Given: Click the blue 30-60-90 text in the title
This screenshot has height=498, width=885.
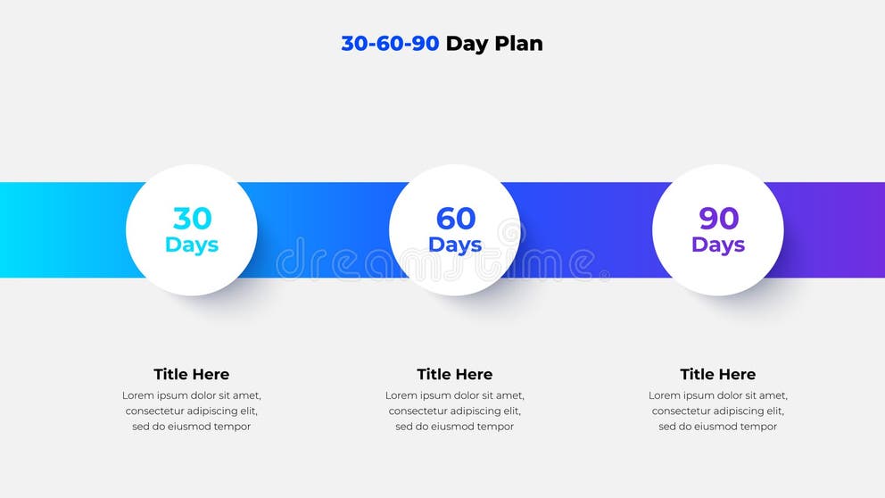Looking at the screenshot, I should click(390, 43).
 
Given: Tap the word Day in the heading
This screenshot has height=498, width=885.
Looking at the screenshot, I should click(466, 44).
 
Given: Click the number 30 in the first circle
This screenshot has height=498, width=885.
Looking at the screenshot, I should click(192, 218).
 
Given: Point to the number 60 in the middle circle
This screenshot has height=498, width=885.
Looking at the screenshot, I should click(455, 218).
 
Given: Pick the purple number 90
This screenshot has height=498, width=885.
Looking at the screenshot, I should click(718, 218).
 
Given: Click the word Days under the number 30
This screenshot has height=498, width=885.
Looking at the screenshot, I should click(192, 245).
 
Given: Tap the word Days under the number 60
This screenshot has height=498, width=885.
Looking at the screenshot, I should click(455, 245).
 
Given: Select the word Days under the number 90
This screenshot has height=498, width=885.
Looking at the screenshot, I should click(718, 245).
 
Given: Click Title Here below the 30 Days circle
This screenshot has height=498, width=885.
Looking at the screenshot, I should click(192, 374).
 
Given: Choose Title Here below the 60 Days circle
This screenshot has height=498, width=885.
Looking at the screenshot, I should click(455, 374).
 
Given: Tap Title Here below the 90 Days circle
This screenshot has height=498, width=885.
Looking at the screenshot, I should click(718, 374).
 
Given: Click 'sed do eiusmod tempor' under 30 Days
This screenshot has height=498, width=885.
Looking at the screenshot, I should click(192, 427).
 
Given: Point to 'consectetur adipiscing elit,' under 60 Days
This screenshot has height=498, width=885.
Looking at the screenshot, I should click(455, 411).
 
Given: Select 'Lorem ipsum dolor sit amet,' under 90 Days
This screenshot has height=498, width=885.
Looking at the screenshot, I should click(718, 395).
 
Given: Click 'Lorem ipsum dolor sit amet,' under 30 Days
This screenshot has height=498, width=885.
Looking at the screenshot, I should click(192, 395).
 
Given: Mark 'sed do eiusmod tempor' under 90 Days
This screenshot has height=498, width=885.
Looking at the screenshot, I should click(718, 427).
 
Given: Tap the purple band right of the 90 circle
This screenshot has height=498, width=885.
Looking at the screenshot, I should click(834, 229).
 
